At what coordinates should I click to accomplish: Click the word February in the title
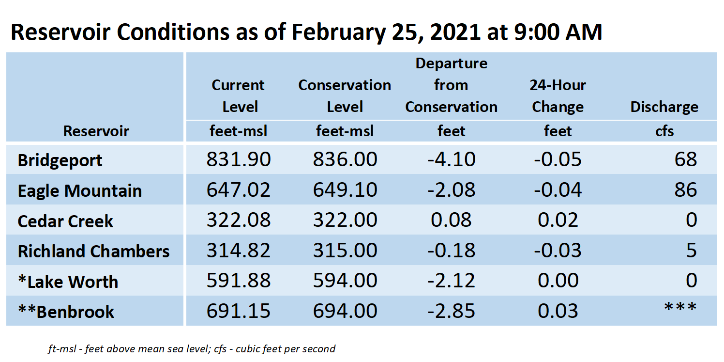[x=338, y=32]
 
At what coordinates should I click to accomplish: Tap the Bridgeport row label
[x=60, y=160]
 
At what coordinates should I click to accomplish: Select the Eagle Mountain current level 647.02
[x=239, y=190]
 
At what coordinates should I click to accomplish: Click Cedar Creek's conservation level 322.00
[x=345, y=220]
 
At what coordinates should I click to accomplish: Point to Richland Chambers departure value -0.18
[x=451, y=251]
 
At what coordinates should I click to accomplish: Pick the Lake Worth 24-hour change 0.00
[x=558, y=281]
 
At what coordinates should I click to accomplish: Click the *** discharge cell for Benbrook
[x=680, y=306]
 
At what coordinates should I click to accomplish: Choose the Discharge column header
[x=664, y=107]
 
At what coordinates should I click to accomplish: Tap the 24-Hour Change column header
[x=558, y=96]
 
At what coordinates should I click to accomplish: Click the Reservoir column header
[x=96, y=131]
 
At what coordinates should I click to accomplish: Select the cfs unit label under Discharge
[x=664, y=131]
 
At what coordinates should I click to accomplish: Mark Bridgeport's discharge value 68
[x=686, y=159]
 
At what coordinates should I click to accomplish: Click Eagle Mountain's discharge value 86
[x=686, y=190]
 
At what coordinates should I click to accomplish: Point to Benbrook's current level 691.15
[x=239, y=311]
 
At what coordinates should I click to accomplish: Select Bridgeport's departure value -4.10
[x=451, y=159]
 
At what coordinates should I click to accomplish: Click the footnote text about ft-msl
[x=192, y=349]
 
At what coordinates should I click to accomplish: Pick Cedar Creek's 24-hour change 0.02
[x=558, y=220]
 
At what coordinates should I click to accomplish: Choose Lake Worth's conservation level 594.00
[x=345, y=281]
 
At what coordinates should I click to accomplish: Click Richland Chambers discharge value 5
[x=692, y=251]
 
